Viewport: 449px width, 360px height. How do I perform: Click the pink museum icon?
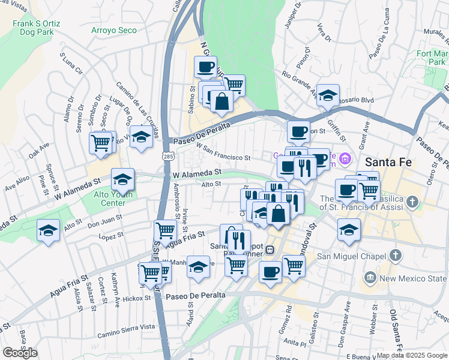pyautogui.click(x=345, y=159)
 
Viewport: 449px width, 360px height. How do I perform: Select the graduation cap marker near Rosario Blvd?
pyautogui.click(x=328, y=95)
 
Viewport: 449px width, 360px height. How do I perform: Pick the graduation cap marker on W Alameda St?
pyautogui.click(x=122, y=179)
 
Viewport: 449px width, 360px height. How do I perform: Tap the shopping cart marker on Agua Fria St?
pyautogui.click(x=164, y=230)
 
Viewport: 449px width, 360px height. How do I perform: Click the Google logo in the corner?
pyautogui.click(x=20, y=353)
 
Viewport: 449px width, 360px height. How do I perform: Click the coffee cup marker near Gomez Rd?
pyautogui.click(x=270, y=272)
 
